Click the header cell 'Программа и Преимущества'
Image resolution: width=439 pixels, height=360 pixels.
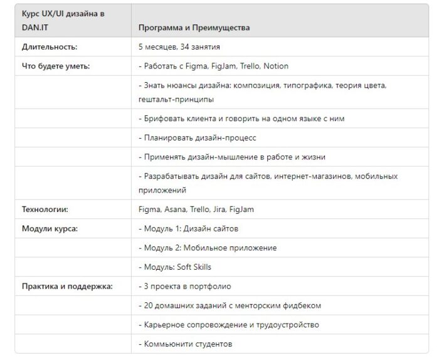click(x=194, y=28)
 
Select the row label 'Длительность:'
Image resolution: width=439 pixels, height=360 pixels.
click(x=50, y=47)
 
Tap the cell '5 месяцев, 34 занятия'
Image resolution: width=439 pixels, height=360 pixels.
click(x=179, y=47)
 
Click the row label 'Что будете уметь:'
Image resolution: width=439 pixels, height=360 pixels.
click(x=56, y=66)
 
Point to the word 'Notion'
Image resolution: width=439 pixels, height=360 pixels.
click(x=276, y=66)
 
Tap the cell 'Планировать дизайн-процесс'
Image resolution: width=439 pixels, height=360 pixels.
click(x=198, y=137)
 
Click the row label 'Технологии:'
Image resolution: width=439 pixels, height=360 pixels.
click(x=45, y=209)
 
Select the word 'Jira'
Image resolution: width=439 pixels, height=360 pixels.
click(x=223, y=209)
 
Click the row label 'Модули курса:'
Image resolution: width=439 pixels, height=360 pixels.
click(x=50, y=228)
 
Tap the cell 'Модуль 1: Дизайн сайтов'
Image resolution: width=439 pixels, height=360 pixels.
click(x=188, y=228)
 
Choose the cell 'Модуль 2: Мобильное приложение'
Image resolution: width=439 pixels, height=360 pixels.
click(x=208, y=248)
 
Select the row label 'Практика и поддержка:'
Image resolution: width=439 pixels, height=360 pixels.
click(x=67, y=286)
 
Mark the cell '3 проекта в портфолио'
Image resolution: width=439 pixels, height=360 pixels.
click(x=184, y=286)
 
